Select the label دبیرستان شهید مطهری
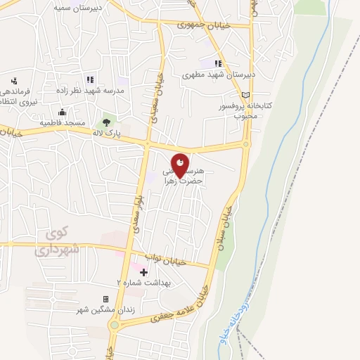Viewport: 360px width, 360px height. coord(218,74)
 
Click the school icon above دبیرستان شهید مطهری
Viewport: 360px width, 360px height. coord(218,63)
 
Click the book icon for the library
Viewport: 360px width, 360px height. coord(245,95)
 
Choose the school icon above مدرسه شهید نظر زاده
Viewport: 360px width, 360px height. coord(89,79)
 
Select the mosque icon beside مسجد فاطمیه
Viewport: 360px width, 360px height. coord(62,112)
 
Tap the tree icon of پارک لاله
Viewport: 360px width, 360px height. coord(106,122)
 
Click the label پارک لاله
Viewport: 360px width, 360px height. coord(108,132)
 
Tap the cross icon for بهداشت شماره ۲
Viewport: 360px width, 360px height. coord(144,271)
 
